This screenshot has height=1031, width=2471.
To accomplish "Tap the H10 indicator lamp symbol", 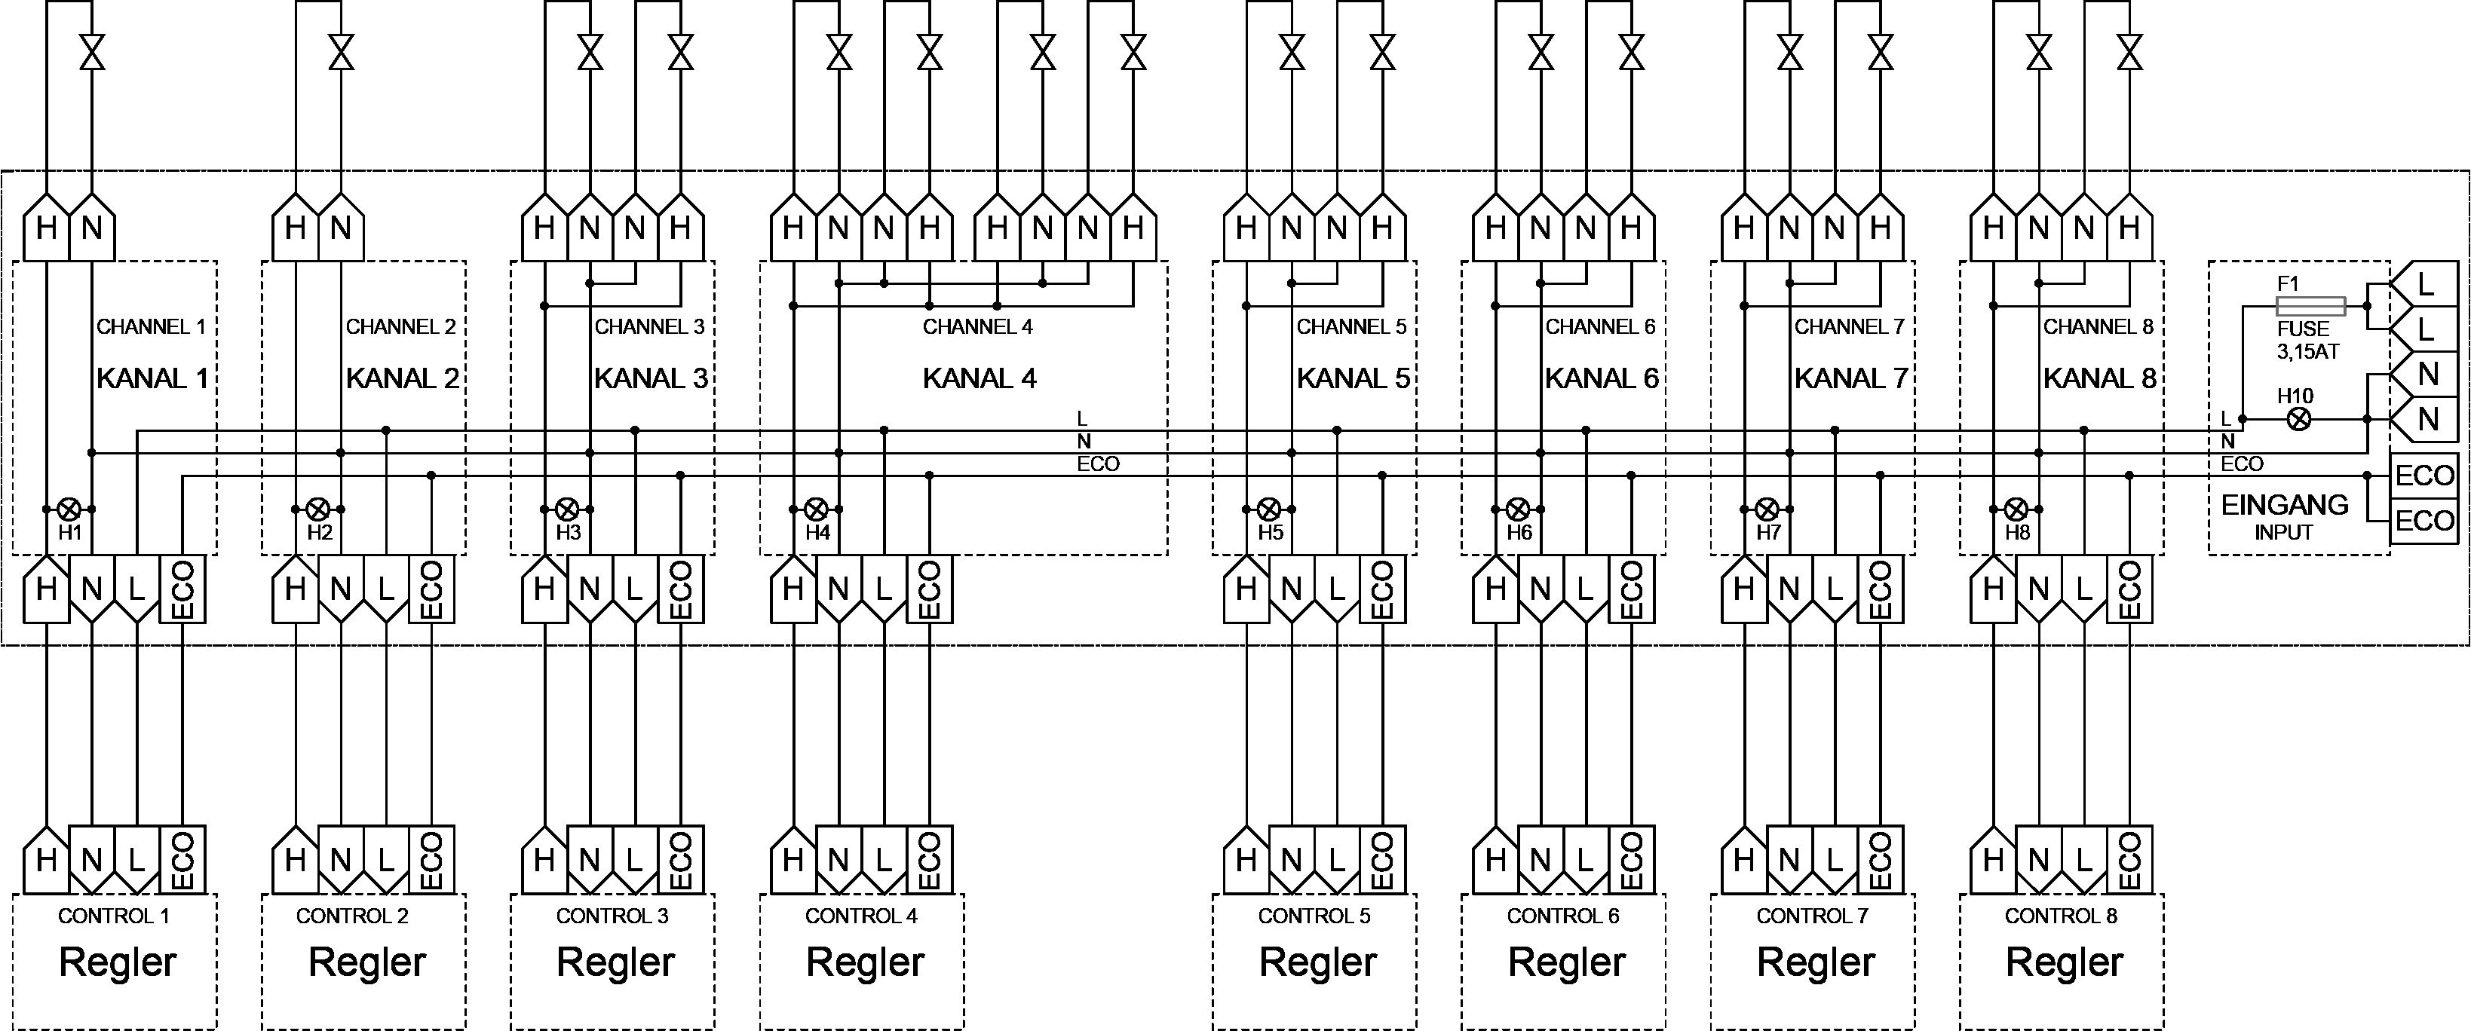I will [x=2298, y=419].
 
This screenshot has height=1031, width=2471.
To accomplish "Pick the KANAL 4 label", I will [x=980, y=379].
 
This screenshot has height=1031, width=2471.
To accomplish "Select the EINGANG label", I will [x=2284, y=504].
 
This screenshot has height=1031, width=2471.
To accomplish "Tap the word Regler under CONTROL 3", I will [x=616, y=962].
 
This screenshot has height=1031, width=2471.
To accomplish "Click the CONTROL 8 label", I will [x=2061, y=916].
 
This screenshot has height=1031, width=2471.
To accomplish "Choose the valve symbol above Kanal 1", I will [x=92, y=52].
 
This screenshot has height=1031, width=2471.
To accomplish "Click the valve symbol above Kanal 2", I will [x=341, y=52].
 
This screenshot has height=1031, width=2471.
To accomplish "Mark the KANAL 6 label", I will [x=1601, y=379].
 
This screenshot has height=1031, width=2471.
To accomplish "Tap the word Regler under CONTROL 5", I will [x=1318, y=962].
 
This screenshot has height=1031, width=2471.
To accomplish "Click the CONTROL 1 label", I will [x=113, y=916].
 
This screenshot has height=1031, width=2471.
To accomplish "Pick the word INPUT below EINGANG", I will [x=2283, y=532].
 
